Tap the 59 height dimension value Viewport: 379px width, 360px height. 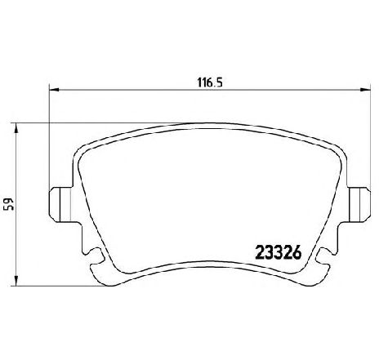click(10, 203)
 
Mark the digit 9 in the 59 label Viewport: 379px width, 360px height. click(10, 200)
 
